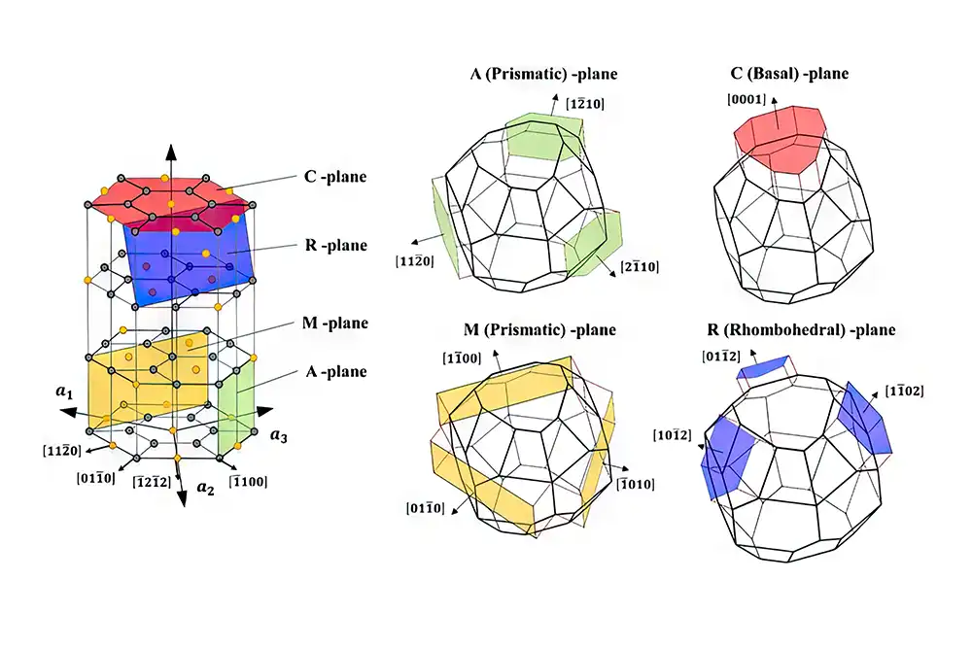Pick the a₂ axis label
point(204,489)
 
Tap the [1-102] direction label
point(904,392)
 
